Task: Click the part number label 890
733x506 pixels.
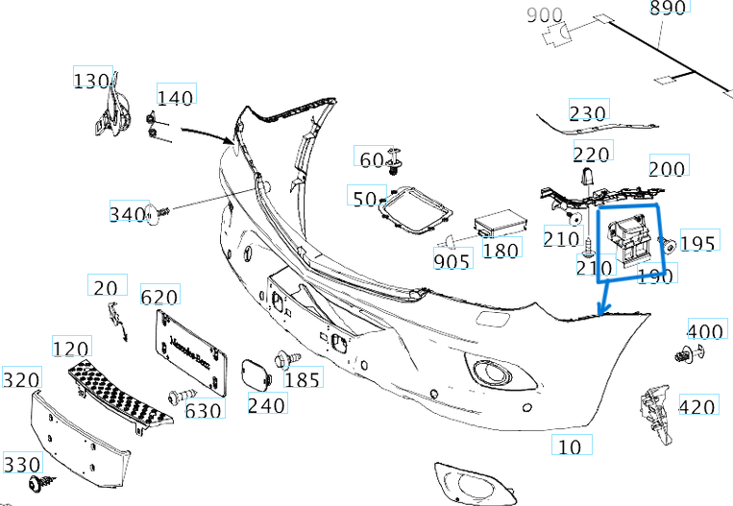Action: point(668,9)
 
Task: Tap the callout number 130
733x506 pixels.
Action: point(92,81)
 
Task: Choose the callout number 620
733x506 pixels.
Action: point(160,296)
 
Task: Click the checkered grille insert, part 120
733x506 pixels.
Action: point(120,394)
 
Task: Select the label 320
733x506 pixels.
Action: point(21,380)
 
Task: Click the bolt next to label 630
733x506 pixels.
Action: point(180,395)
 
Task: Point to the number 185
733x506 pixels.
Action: point(302,380)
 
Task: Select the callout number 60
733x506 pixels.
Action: point(371,158)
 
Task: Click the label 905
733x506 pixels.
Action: point(452,261)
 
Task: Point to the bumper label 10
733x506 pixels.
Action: point(570,446)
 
